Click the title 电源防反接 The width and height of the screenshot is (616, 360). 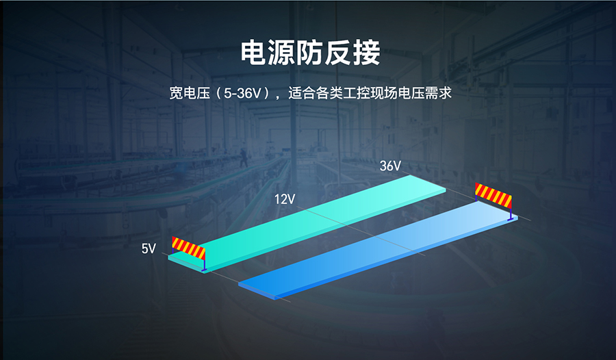tap(310, 52)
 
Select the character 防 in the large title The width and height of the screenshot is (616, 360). tap(310, 52)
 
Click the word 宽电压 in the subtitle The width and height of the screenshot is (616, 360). tap(190, 93)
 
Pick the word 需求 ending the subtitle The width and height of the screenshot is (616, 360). tap(439, 93)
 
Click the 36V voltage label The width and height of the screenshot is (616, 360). tap(390, 166)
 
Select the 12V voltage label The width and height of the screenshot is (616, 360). tap(285, 199)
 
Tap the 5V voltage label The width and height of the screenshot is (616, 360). tap(149, 248)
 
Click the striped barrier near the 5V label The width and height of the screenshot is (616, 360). tap(189, 253)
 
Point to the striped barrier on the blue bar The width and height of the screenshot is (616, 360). tap(493, 200)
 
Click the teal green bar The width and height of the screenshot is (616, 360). tap(307, 223)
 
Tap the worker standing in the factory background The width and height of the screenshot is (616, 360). tap(244, 157)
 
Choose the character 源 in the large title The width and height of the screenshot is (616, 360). tap(282, 52)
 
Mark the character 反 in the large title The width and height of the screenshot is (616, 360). tap(339, 52)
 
